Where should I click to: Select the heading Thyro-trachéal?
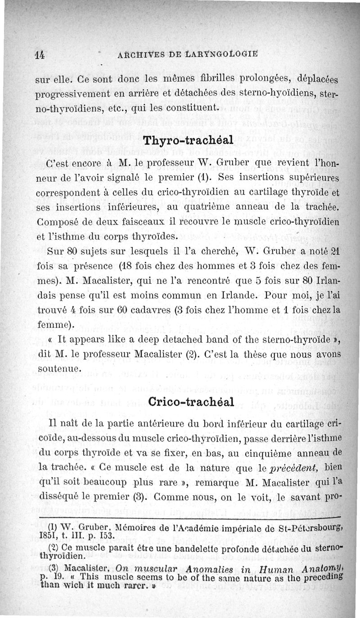click(188, 139)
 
